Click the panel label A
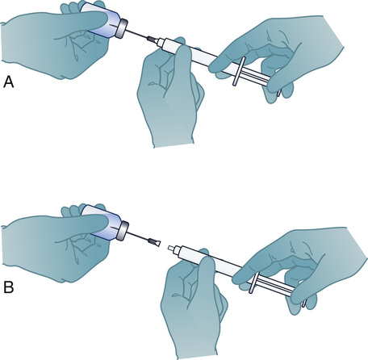click(x=9, y=82)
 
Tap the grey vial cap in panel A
click(x=122, y=28)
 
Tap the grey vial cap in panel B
click(x=123, y=230)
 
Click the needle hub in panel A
click(x=153, y=40)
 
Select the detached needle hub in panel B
click(x=155, y=242)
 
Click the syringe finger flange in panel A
click(x=239, y=72)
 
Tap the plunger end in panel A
click(x=279, y=93)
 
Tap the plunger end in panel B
click(x=304, y=303)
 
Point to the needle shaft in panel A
click(x=137, y=34)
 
